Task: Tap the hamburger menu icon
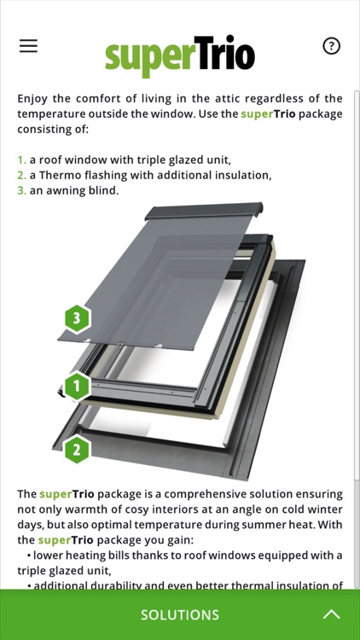pos(28,46)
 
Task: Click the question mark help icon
pos(331,46)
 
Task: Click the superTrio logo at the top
pos(180,56)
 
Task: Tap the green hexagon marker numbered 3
pos(77,318)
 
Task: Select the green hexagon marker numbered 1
pos(77,386)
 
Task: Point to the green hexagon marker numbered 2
pos(77,450)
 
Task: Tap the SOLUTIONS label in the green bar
pos(180,614)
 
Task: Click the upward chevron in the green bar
pos(332,614)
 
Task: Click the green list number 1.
pos(21,160)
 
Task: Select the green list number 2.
pos(21,176)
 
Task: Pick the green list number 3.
pos(21,190)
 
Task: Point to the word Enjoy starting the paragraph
pos(32,99)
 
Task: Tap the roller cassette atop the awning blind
pos(204,211)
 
